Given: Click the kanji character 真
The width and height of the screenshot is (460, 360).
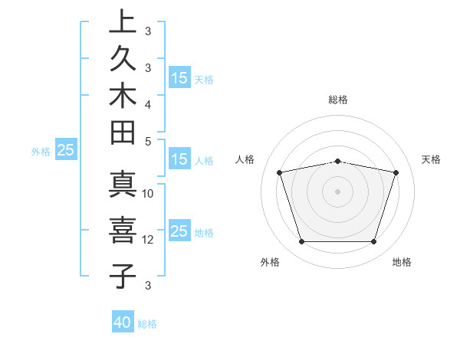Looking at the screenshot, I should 122,187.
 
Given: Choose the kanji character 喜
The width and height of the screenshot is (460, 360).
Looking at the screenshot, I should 122,231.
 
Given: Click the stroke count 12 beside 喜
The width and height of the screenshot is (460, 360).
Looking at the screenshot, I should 148,240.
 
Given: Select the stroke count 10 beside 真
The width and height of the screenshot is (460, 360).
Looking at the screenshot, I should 148,194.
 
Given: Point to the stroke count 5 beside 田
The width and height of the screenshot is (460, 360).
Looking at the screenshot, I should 148,141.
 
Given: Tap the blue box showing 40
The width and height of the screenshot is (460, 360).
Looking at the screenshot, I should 123,322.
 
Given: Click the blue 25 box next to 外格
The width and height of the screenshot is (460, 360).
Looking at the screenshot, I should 65,151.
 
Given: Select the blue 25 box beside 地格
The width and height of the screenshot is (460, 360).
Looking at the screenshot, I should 179,232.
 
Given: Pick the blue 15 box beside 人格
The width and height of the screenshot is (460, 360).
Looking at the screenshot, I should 179,160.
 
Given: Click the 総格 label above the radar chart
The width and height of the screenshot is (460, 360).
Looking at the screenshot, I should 338,100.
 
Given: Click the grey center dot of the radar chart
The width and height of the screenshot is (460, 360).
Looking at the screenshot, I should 337,191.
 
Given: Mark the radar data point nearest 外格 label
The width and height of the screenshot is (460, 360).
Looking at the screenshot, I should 301,241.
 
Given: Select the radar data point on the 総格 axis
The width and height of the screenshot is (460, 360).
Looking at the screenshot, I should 337,161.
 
